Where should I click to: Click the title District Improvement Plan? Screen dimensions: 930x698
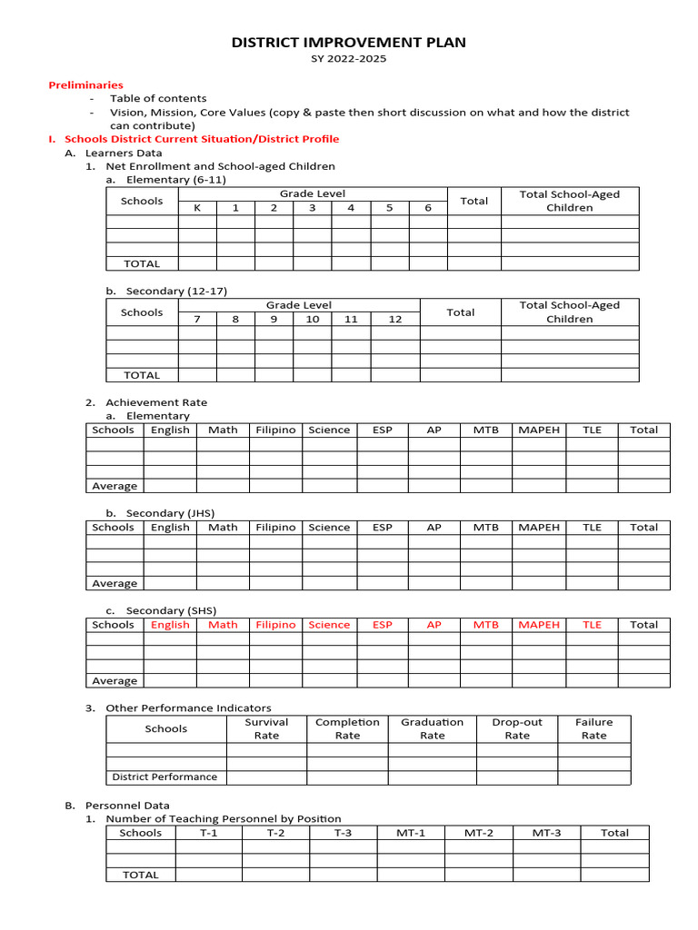pyautogui.click(x=349, y=43)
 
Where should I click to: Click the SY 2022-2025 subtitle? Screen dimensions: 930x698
pyautogui.click(x=349, y=59)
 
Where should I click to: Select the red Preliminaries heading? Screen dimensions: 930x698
pyautogui.click(x=85, y=84)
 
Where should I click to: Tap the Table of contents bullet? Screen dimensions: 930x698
pyautogui.click(x=158, y=98)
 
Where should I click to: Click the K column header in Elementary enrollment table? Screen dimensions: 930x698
pyautogui.click(x=197, y=208)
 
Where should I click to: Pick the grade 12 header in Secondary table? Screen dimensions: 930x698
pyautogui.click(x=394, y=319)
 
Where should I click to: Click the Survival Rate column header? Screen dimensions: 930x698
pyautogui.click(x=266, y=728)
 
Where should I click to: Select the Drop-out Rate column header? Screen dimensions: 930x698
pyautogui.click(x=517, y=728)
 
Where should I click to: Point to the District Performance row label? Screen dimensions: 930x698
pyautogui.click(x=165, y=777)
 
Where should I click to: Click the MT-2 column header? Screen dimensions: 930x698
pyautogui.click(x=479, y=833)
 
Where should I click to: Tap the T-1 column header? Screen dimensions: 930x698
pyautogui.click(x=209, y=833)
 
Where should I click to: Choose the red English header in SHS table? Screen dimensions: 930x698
pyautogui.click(x=170, y=625)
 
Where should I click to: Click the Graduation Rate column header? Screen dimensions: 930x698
pyautogui.click(x=432, y=728)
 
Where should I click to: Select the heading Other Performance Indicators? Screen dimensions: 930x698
pyautogui.click(x=188, y=707)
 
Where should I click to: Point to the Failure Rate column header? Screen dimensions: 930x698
pyautogui.click(x=593, y=728)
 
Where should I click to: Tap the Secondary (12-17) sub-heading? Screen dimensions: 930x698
pyautogui.click(x=176, y=291)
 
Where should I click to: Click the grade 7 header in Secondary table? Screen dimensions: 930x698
pyautogui.click(x=197, y=319)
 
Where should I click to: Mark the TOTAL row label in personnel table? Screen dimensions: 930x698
pyautogui.click(x=141, y=875)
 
